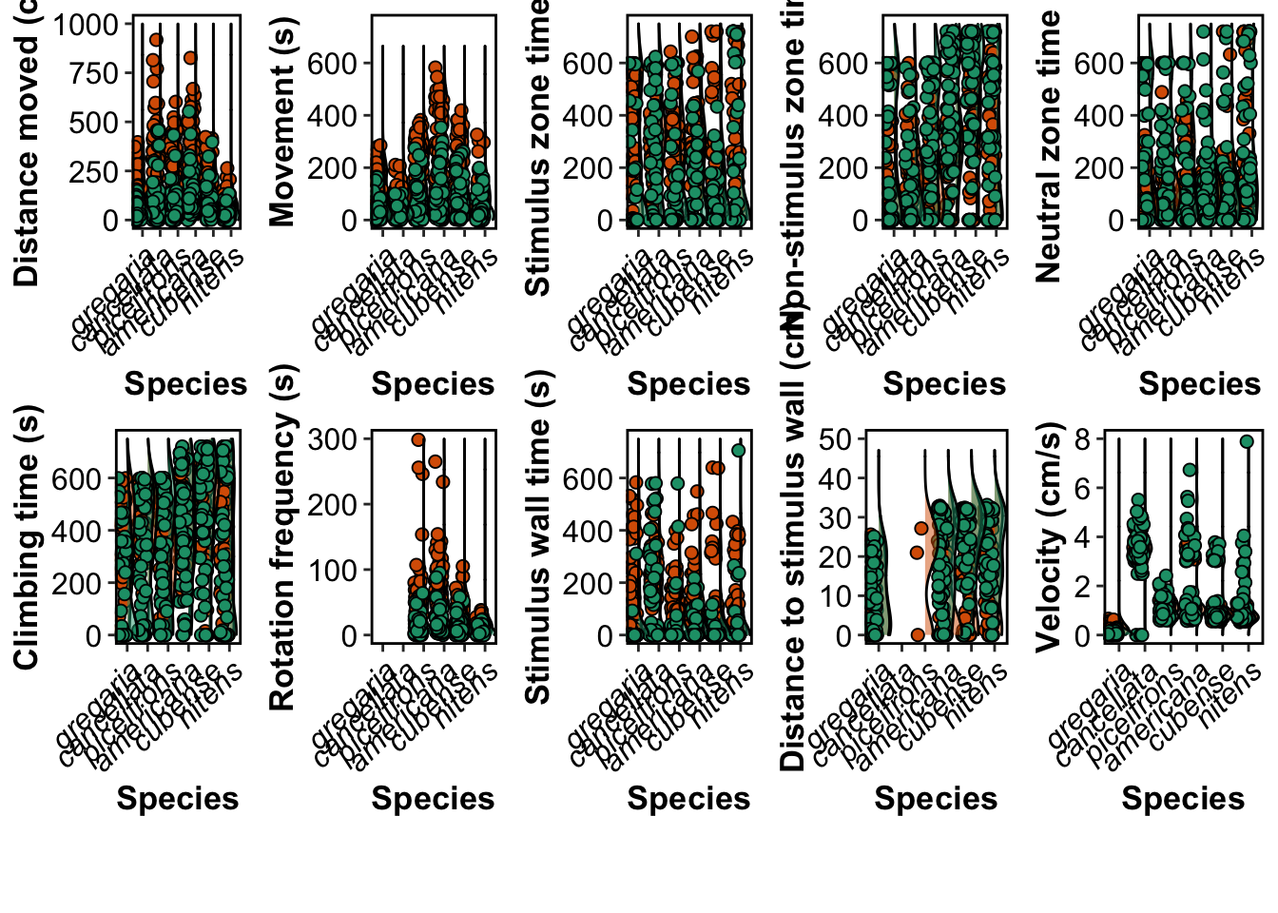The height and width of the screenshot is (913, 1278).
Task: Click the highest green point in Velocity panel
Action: (x=1247, y=441)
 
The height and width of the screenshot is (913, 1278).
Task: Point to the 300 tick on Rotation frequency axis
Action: (x=331, y=439)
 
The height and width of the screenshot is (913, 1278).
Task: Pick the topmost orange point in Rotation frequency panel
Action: (x=417, y=440)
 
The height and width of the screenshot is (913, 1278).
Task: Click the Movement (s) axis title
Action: (x=282, y=122)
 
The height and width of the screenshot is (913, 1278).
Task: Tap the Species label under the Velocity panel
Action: (x=1183, y=799)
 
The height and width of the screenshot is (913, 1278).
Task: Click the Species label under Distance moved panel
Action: (x=185, y=384)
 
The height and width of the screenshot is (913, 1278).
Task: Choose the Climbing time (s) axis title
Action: (x=28, y=537)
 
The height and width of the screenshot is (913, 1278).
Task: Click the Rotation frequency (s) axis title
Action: (x=282, y=537)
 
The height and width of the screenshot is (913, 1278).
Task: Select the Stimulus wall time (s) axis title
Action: (x=538, y=537)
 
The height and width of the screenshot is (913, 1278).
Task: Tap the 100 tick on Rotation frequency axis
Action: (x=331, y=571)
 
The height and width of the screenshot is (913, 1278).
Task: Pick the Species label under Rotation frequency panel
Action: (x=433, y=799)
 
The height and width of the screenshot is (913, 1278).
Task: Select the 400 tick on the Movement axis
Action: (x=331, y=116)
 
